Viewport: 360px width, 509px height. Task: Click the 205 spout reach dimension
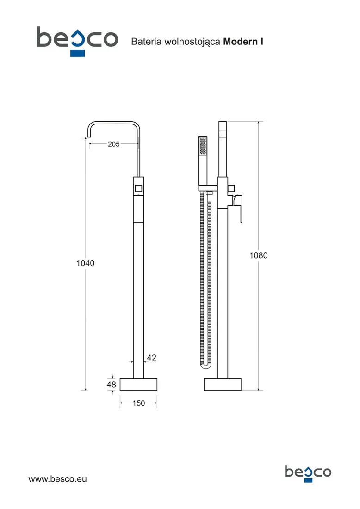point(114,144)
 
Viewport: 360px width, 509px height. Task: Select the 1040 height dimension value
point(86,263)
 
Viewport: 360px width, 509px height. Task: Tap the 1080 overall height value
point(258,255)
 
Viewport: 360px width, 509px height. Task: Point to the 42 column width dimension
point(152,358)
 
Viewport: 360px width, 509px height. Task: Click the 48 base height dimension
point(112,385)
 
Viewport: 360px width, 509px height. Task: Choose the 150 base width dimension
point(139,403)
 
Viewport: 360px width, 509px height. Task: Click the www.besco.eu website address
point(58,479)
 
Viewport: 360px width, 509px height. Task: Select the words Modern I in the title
point(243,42)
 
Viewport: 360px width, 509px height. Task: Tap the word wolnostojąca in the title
point(192,42)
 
